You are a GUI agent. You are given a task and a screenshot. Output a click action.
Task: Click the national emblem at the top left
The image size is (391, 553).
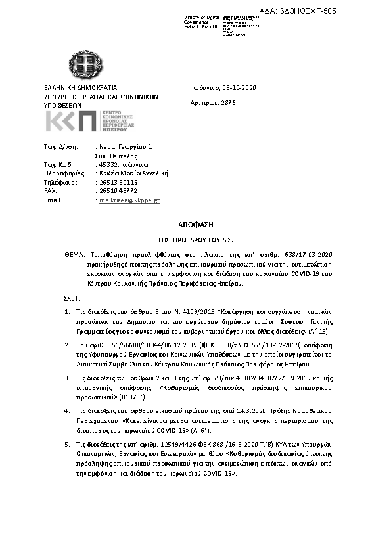pyautogui.click(x=83, y=64)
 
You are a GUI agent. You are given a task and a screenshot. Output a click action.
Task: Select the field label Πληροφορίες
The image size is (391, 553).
pyautogui.click(x=61, y=173)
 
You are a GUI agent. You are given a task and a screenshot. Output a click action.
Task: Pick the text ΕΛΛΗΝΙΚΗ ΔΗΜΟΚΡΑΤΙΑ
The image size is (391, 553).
pyautogui.click(x=80, y=87)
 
